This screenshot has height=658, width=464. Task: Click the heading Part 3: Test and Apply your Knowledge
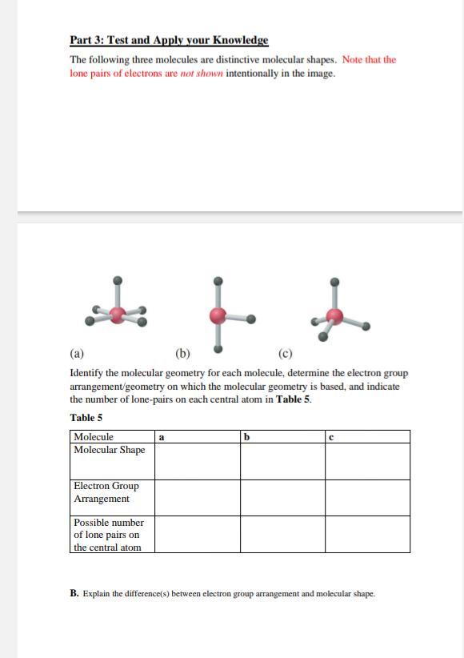pos(169,40)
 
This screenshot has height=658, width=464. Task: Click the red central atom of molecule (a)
pos(118,315)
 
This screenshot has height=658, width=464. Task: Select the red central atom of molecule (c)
pos(336,318)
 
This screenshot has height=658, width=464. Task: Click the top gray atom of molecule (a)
pos(118,281)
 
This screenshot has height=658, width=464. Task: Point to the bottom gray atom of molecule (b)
pos(217,349)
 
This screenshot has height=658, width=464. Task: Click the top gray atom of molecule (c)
pos(335,282)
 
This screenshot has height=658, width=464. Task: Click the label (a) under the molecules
pos(77,353)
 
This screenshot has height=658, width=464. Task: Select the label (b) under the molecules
pos(182,353)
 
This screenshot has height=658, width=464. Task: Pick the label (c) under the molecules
pos(286,353)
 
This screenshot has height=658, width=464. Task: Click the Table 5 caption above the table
pos(86,418)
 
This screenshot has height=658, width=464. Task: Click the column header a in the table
pos(162,437)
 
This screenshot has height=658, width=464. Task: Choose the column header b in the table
pos(247,437)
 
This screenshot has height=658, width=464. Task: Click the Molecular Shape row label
pos(110,450)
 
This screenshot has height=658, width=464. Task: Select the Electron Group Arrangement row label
pos(106,492)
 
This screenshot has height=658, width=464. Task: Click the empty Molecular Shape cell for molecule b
pos(282,461)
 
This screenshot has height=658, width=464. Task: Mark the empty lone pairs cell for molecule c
pos(367,534)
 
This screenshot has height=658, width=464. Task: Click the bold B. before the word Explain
pos(74,594)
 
